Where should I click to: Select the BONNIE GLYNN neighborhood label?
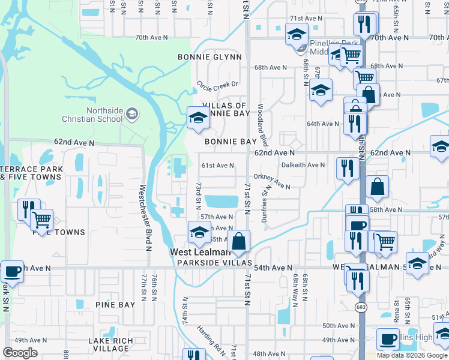tap(209, 57)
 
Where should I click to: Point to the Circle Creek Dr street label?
tap(218, 85)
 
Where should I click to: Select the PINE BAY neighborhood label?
tap(115, 305)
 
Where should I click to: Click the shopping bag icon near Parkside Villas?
tap(239, 241)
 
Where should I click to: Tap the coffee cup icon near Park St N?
tap(12, 272)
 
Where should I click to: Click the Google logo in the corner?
tap(20, 353)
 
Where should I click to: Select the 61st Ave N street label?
tap(217, 165)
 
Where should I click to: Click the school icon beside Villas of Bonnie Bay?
tap(197, 117)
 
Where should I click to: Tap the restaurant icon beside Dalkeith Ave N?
tap(348, 168)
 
